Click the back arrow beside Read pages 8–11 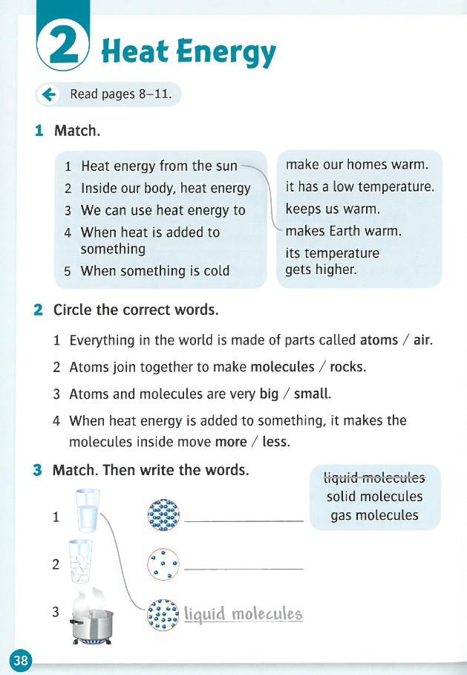click(50, 94)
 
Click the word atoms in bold click(379, 341)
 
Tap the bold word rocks click(347, 367)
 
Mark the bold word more click(230, 441)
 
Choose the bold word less click(275, 441)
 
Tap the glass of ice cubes click(81, 562)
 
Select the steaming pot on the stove click(91, 616)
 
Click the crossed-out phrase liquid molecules click(375, 477)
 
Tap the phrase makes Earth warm click(343, 231)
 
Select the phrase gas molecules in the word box click(375, 515)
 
